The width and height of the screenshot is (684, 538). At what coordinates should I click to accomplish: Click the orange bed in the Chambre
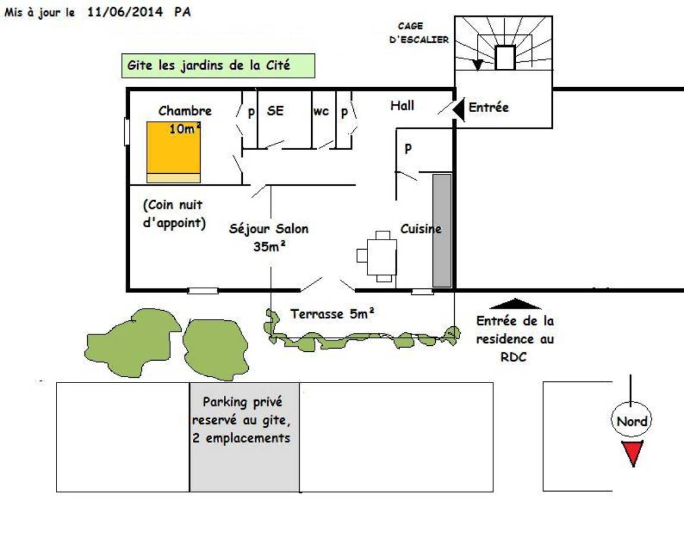coord(173,152)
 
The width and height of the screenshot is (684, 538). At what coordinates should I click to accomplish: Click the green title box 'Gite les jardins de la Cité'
coord(218,66)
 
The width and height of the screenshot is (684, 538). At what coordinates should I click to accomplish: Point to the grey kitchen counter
coord(442,231)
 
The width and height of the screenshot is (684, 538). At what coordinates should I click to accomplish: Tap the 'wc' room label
coord(321,111)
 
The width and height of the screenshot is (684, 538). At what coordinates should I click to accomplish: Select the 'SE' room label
coord(275,111)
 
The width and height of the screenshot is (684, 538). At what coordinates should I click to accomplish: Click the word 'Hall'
coord(402,106)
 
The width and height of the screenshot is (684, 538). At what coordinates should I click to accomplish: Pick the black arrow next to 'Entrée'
coord(459,109)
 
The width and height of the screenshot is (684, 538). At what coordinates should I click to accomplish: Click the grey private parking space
coord(244,437)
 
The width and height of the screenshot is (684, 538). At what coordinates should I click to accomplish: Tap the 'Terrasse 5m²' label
coord(332,314)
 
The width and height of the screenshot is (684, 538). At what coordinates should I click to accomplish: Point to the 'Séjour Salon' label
coord(269,229)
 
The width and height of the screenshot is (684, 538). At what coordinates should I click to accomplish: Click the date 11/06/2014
coord(125,12)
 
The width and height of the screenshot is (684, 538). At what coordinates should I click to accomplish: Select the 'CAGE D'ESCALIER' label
coord(419,33)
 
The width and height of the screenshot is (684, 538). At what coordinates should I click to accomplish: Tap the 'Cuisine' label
coord(420,229)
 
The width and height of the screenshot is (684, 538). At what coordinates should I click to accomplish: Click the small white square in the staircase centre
coord(505,58)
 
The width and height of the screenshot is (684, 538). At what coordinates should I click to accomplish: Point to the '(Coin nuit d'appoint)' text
coord(174,214)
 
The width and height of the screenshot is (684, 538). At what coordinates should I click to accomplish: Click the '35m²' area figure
coord(269,246)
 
